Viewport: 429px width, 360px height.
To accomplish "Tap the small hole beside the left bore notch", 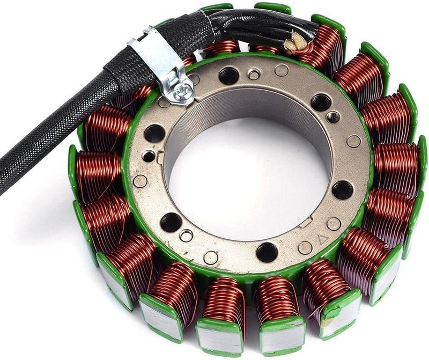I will [149, 156].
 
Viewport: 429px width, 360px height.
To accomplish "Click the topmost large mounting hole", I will [229, 76].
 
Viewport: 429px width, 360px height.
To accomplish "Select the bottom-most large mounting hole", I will [267, 252].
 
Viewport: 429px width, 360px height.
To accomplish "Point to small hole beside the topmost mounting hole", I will [254, 74].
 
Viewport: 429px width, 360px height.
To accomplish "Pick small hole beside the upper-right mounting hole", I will [333, 116].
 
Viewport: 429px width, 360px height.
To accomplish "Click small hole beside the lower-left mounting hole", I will [186, 236].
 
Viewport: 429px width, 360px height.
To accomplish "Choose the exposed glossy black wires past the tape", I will [252, 24].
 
